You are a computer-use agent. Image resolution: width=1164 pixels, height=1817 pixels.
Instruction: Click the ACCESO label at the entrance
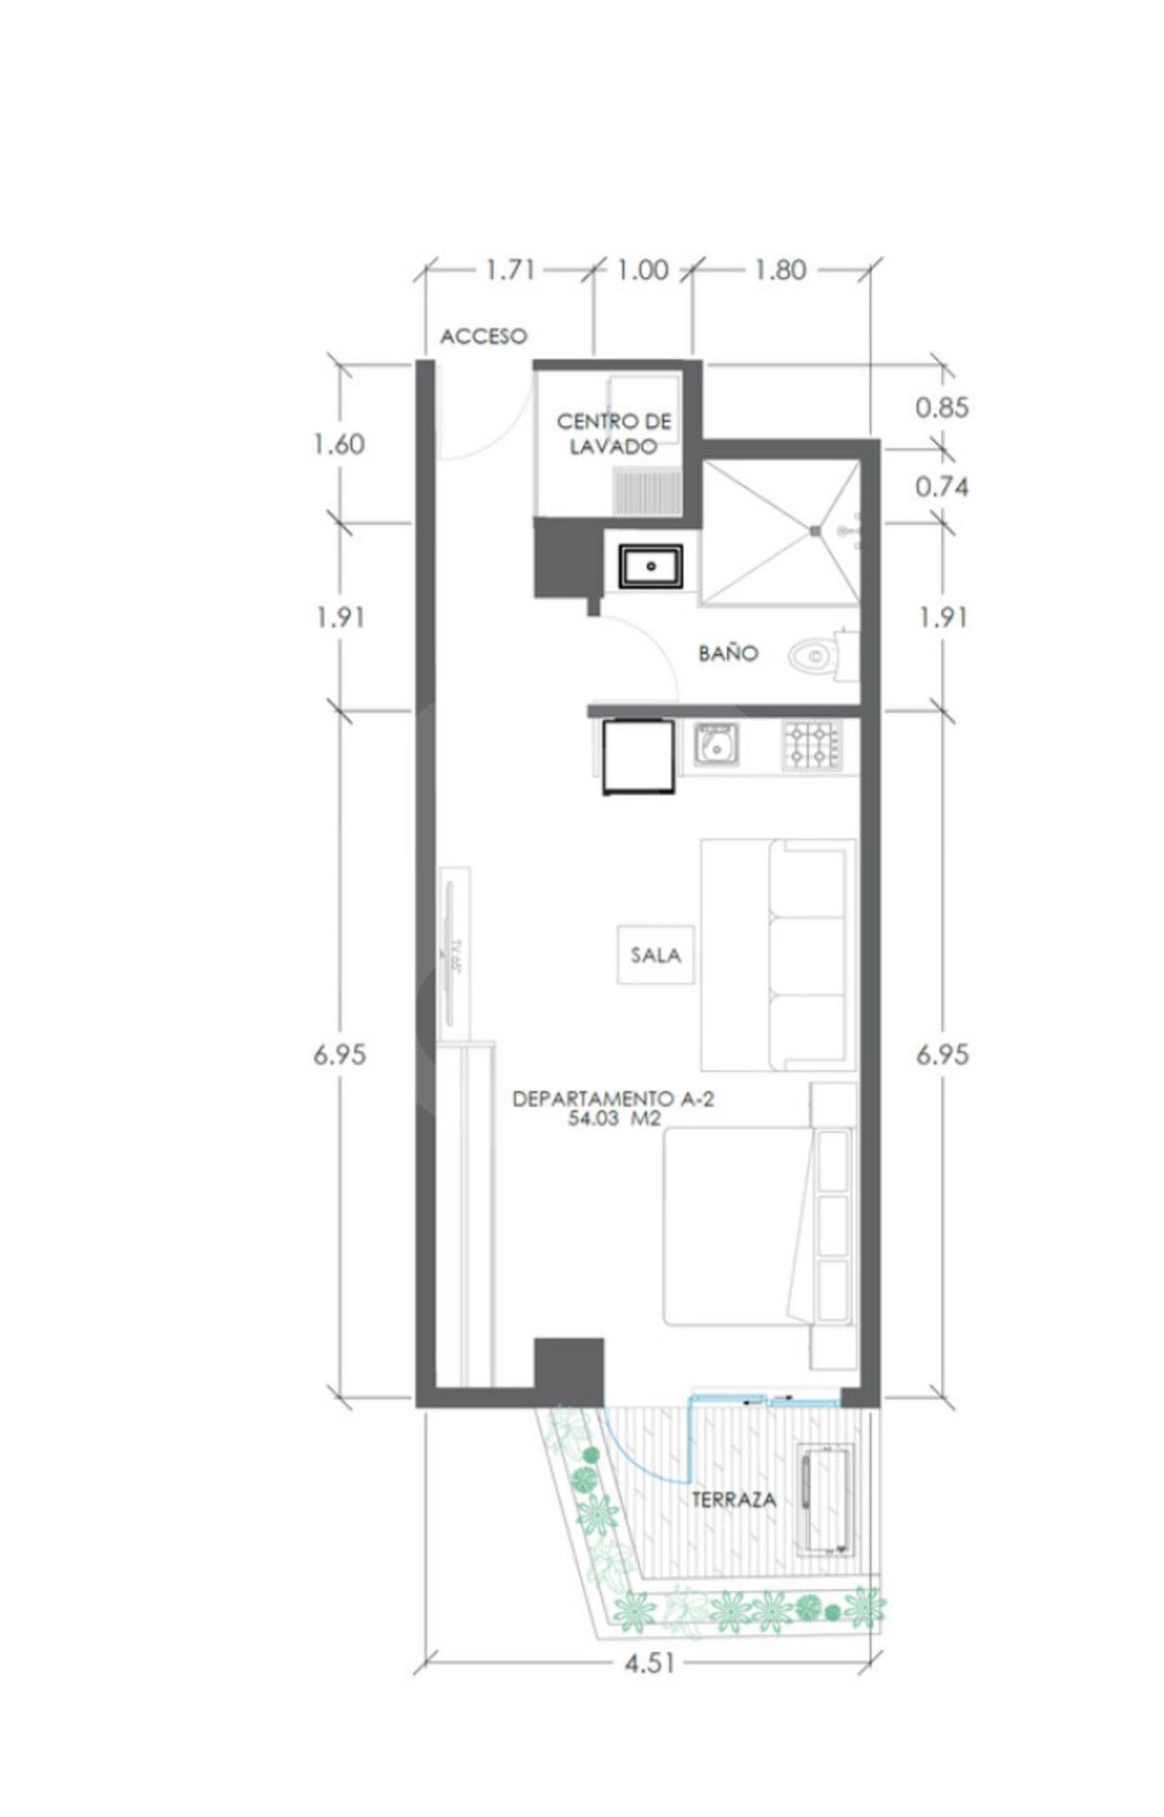point(483,336)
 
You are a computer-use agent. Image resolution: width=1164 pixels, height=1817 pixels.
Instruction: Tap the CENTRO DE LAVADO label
point(614,434)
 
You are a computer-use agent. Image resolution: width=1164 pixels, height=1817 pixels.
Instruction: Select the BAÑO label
point(727,653)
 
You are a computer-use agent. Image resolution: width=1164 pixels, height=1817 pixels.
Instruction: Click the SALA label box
point(656,955)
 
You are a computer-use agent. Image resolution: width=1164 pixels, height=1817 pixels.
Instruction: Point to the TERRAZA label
point(733,1499)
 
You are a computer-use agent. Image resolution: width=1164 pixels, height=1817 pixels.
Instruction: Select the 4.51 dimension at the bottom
point(650,1664)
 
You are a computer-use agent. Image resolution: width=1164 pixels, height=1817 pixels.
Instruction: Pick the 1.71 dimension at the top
point(510,270)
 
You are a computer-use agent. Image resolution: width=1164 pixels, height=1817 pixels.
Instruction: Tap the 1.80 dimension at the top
point(781,270)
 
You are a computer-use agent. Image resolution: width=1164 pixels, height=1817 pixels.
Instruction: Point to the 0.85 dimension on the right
point(942,407)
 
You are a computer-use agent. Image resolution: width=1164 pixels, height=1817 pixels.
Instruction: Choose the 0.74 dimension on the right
point(942,486)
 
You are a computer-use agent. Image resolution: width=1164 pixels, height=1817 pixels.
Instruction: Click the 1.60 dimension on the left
point(339,444)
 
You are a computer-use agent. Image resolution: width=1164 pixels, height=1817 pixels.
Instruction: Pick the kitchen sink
point(716,745)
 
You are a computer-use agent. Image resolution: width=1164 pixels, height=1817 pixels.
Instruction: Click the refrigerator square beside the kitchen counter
point(638,756)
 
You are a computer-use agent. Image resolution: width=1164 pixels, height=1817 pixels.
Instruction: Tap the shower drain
point(816,530)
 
